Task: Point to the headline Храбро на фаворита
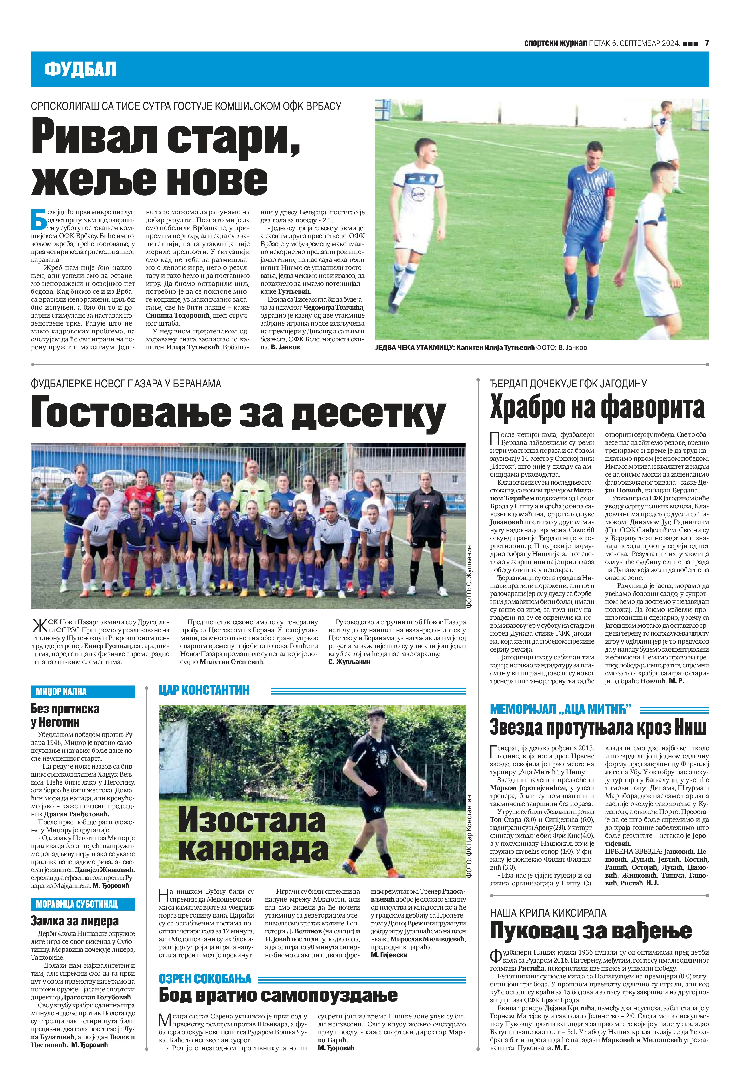point(597,407)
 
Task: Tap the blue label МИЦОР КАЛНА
point(61,692)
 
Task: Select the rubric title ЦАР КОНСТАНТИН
point(204,690)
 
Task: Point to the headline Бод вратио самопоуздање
point(278,995)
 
